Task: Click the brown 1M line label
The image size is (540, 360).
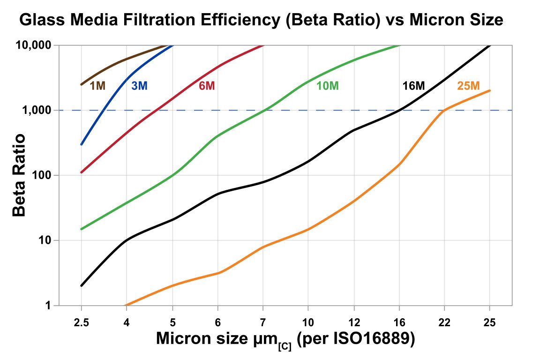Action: tap(97, 86)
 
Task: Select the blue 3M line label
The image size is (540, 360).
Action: tap(139, 86)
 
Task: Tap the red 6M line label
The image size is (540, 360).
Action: tap(207, 86)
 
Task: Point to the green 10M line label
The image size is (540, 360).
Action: tap(327, 86)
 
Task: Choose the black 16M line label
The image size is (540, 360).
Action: tap(413, 86)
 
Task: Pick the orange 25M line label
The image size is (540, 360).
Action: tap(468, 86)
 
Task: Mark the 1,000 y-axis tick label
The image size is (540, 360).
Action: tap(37, 111)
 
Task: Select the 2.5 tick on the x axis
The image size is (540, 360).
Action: tap(82, 323)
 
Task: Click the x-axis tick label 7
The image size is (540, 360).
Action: tap(263, 323)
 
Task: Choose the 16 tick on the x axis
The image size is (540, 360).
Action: tap(399, 323)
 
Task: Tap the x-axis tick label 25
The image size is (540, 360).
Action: tap(490, 323)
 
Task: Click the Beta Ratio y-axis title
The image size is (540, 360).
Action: tap(19, 175)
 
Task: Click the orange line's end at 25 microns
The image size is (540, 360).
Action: tap(490, 90)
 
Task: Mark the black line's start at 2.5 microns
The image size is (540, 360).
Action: tap(82, 285)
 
